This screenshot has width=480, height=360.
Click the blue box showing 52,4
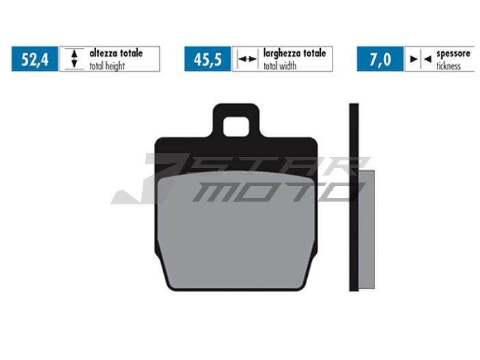(35, 59)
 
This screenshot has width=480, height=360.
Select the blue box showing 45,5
(207, 59)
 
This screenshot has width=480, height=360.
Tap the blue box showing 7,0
(379, 59)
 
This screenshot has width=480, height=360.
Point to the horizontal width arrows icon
(246, 60)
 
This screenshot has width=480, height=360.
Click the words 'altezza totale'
(116, 53)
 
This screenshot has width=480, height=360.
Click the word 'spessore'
(455, 53)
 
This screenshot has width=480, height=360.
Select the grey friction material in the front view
(237, 233)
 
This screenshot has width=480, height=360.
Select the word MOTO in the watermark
(274, 191)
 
